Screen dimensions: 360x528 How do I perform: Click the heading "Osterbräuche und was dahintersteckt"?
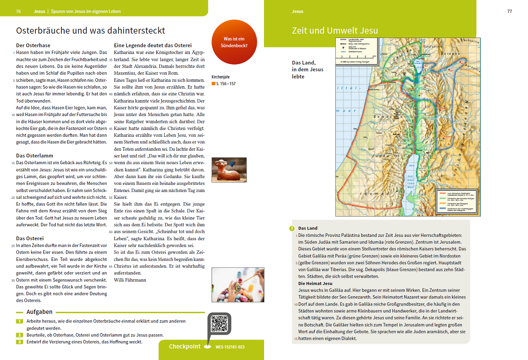(x=90, y=30)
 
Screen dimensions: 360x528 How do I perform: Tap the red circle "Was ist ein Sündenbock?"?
(x=234, y=42)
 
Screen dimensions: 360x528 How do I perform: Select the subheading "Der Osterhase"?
(x=33, y=46)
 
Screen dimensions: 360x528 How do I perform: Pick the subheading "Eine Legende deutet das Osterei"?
(x=153, y=45)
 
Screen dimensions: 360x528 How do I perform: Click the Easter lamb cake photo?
(x=229, y=170)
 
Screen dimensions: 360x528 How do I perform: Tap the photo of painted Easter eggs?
(x=238, y=284)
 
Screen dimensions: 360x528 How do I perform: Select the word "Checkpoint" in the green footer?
(x=185, y=346)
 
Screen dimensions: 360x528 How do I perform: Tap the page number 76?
(x=18, y=11)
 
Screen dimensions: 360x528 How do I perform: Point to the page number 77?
(x=509, y=11)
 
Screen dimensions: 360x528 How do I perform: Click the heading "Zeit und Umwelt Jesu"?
(x=335, y=30)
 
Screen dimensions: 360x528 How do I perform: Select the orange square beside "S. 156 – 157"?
(x=213, y=84)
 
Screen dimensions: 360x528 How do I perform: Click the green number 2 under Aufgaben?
(x=19, y=335)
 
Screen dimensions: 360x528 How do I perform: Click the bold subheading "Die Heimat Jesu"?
(x=315, y=283)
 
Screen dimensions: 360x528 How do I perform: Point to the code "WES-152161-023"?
(x=230, y=347)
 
